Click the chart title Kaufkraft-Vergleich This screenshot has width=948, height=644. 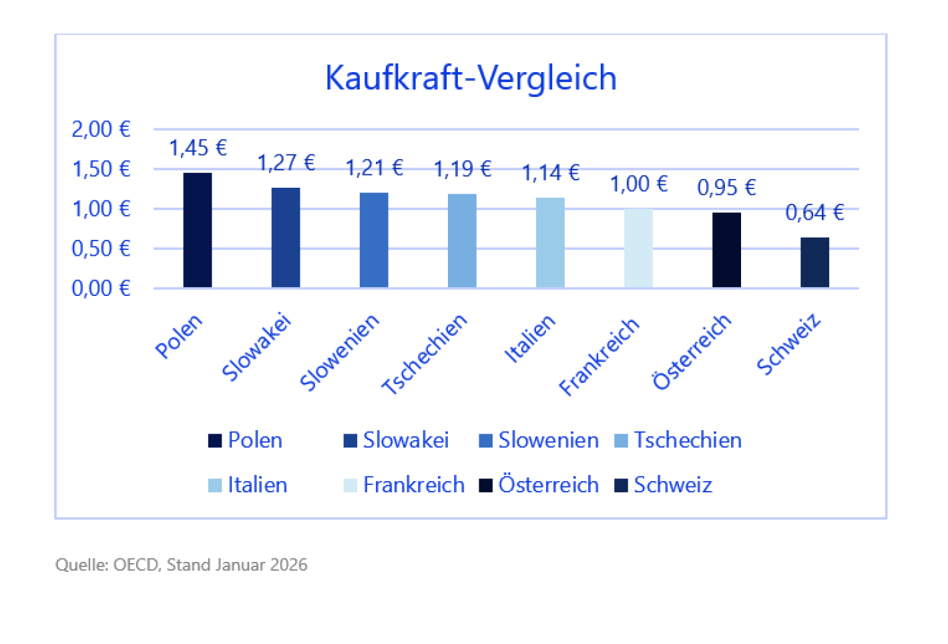click(471, 78)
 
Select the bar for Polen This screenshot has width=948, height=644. click(198, 230)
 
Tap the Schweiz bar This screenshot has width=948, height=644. click(814, 263)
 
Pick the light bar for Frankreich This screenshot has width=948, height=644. click(638, 249)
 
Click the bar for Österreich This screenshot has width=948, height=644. click(726, 251)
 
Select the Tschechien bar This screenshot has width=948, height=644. click(462, 240)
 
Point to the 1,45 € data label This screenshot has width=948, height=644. click(198, 148)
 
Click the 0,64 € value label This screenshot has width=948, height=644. click(814, 212)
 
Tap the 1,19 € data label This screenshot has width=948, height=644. click(462, 169)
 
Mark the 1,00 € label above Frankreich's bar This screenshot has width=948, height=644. click(638, 184)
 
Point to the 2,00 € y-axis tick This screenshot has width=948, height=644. click(101, 129)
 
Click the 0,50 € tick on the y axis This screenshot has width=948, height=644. click(101, 249)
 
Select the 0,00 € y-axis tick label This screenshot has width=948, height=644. click(101, 288)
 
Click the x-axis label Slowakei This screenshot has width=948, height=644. click(256, 347)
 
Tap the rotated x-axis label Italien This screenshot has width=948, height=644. click(529, 339)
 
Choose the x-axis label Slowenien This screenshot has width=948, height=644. click(339, 351)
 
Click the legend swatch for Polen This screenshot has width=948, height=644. click(215, 441)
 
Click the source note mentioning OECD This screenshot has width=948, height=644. click(181, 565)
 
